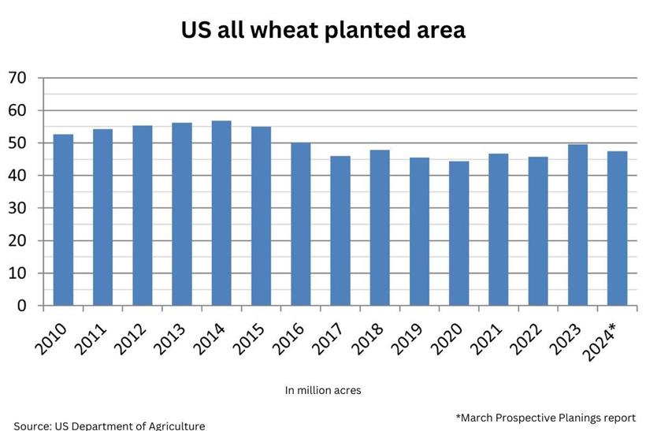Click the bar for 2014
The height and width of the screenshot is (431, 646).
(221, 213)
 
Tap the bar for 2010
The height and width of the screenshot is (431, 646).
(63, 220)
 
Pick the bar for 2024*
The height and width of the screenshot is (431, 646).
(617, 229)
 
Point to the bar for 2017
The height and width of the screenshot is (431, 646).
(340, 231)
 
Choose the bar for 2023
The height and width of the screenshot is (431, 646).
(577, 225)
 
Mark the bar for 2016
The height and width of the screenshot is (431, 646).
(300, 224)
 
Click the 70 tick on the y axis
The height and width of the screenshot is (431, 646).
(17, 78)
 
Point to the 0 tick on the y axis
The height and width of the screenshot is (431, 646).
(22, 306)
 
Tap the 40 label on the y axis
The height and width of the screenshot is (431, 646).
(17, 176)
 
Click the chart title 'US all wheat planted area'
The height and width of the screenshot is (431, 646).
(323, 30)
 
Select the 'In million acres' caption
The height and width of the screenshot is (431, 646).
(323, 389)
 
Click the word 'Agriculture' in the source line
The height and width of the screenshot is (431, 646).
(173, 425)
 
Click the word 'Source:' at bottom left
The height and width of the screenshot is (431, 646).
(32, 425)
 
